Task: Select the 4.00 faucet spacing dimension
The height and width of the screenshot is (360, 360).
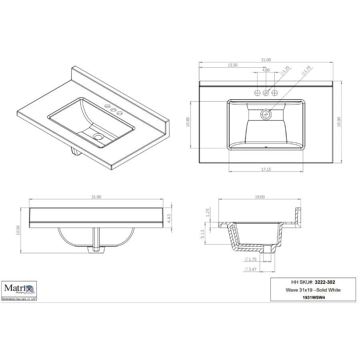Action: pos(266,70)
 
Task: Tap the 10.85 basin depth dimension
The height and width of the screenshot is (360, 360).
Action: pos(188,124)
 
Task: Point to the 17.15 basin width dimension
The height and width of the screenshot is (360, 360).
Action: pos(266,169)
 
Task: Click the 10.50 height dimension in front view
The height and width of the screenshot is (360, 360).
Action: pos(18,230)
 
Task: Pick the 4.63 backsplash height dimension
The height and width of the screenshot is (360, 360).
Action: pos(169,218)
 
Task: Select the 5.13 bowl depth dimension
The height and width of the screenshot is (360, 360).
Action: pos(203,234)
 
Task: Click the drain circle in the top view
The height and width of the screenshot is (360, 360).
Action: pos(266,115)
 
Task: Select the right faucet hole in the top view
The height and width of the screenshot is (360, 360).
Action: pos(275,93)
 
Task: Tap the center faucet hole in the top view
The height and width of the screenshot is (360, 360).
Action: pos(266,93)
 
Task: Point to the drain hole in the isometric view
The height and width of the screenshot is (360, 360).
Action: pos(98,136)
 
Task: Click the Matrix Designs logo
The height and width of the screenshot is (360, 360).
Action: pos(20,288)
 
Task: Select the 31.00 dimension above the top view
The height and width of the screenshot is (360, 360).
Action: pos(266,60)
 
